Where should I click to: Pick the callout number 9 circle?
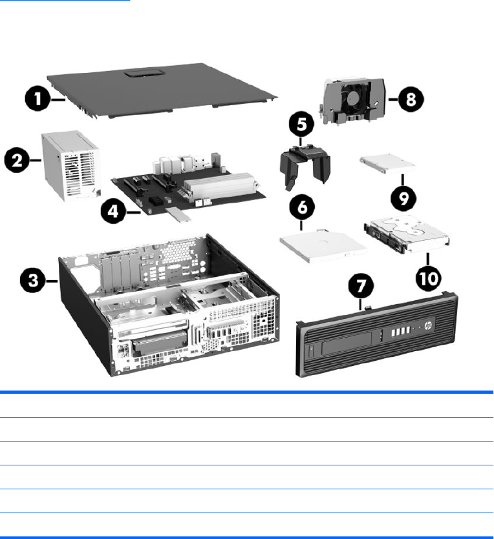tap(403, 198)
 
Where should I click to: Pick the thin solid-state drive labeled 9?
tap(387, 166)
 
